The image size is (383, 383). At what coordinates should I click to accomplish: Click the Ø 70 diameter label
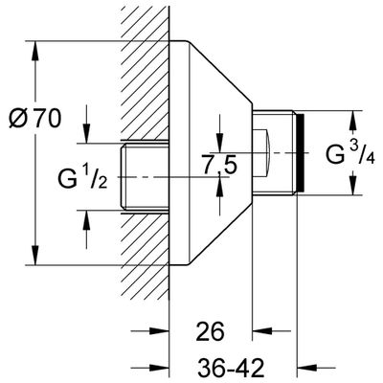[34, 119]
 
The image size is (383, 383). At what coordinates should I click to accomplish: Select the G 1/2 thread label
[82, 178]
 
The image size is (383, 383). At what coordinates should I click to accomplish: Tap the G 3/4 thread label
[350, 153]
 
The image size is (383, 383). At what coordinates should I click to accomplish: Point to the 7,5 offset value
[220, 166]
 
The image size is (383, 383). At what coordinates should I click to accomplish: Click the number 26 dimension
[211, 331]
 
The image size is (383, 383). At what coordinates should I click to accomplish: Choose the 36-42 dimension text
[231, 368]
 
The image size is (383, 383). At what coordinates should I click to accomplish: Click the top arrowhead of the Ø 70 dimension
[35, 51]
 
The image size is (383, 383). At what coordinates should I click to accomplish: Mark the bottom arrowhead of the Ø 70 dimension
[35, 256]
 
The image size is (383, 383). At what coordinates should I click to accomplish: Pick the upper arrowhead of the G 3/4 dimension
[352, 121]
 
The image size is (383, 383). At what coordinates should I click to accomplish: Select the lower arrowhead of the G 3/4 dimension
[352, 185]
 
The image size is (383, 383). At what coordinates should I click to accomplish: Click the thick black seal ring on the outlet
[301, 153]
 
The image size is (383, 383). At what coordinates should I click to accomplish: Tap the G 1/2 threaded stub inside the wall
[145, 177]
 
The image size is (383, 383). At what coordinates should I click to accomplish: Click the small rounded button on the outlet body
[261, 153]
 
